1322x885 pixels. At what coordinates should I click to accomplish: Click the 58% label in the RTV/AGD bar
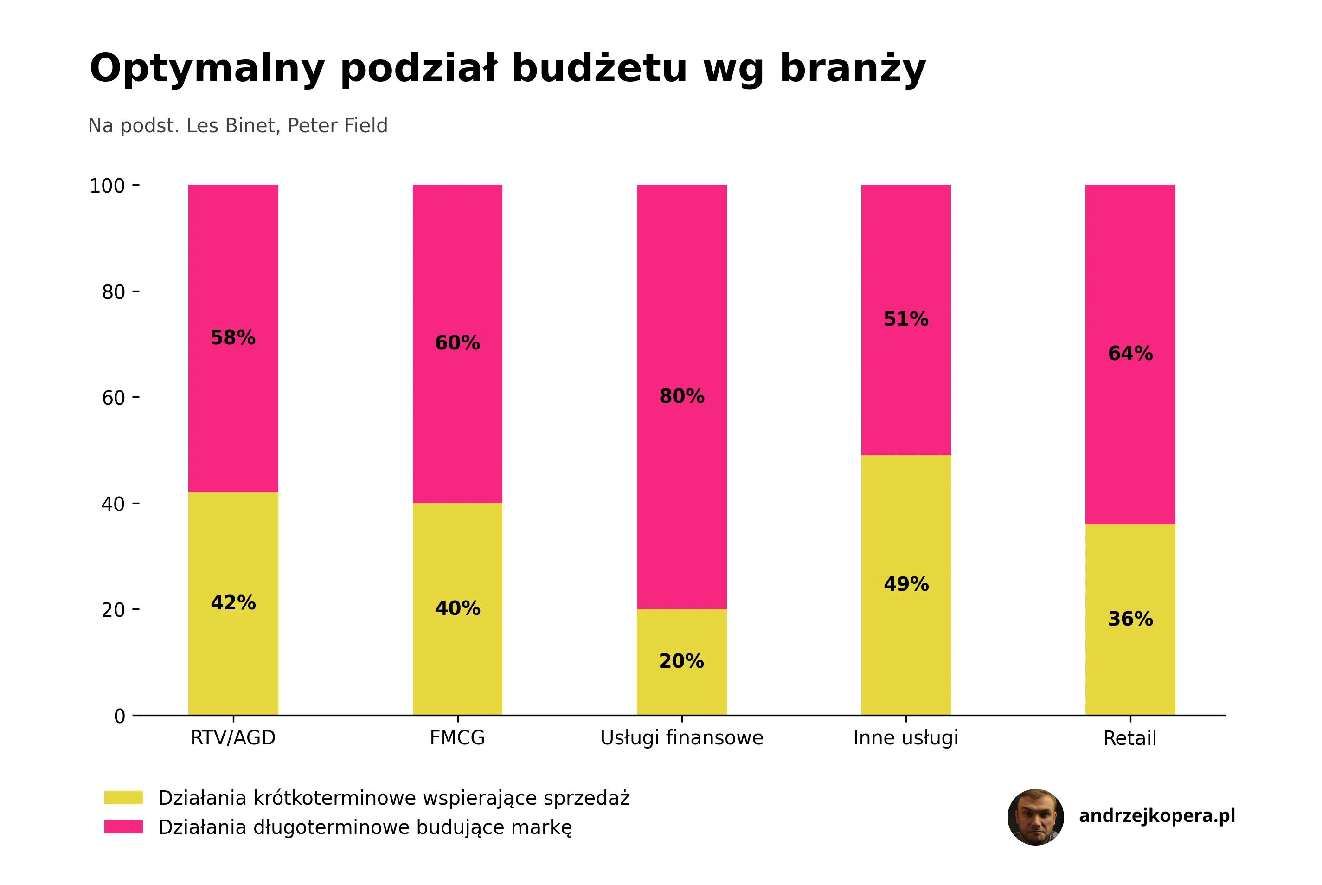click(x=233, y=337)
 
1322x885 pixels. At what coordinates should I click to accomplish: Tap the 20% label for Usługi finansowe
click(x=681, y=661)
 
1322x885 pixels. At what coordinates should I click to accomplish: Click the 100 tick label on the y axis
click(x=107, y=186)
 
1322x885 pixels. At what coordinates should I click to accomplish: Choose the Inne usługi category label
click(x=905, y=738)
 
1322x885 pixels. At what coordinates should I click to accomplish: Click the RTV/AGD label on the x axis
click(x=233, y=738)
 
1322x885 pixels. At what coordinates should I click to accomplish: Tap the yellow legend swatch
click(x=123, y=797)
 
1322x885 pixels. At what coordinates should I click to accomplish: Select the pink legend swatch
click(x=123, y=827)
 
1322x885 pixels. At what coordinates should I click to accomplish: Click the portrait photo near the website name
click(x=1035, y=817)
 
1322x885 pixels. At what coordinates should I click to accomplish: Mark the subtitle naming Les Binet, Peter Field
click(x=238, y=125)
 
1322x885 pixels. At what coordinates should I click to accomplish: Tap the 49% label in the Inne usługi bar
click(x=906, y=584)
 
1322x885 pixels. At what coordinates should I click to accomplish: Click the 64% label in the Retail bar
click(x=1130, y=353)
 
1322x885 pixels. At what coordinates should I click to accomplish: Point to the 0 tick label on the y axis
click(x=120, y=716)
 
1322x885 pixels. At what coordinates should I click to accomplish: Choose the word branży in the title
click(x=853, y=69)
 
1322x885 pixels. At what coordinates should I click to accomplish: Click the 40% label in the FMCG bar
click(x=457, y=608)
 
